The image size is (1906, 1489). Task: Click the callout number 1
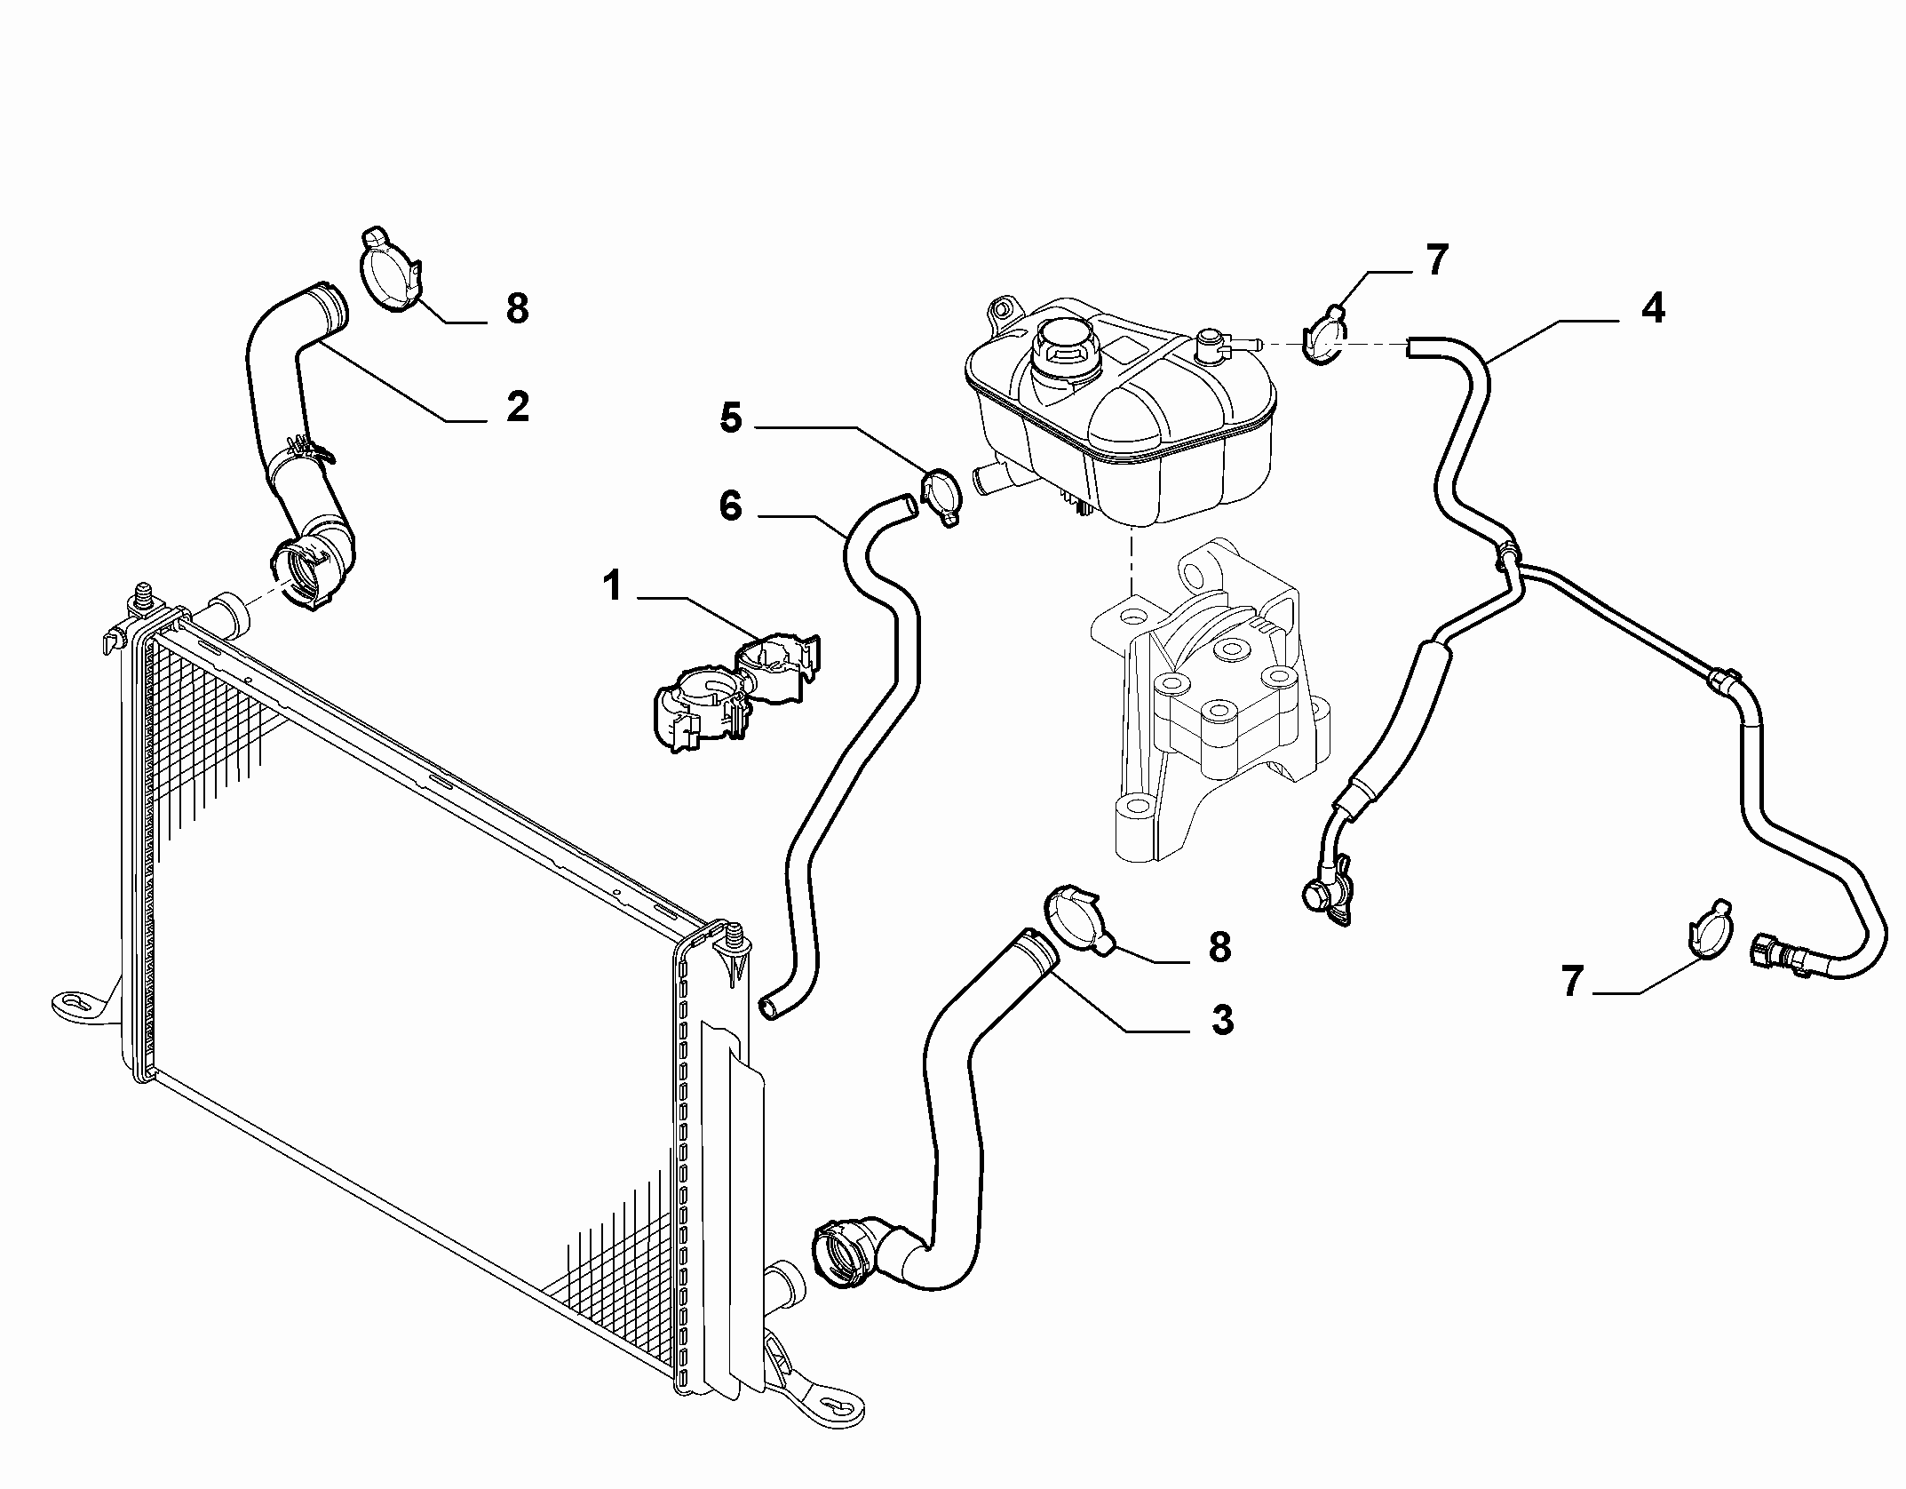612,587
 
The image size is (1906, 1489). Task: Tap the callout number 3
1222,1020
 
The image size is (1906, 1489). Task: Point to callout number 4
1652,308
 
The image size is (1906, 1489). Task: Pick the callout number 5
730,418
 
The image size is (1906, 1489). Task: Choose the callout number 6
730,508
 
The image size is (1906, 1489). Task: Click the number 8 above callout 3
1219,947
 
